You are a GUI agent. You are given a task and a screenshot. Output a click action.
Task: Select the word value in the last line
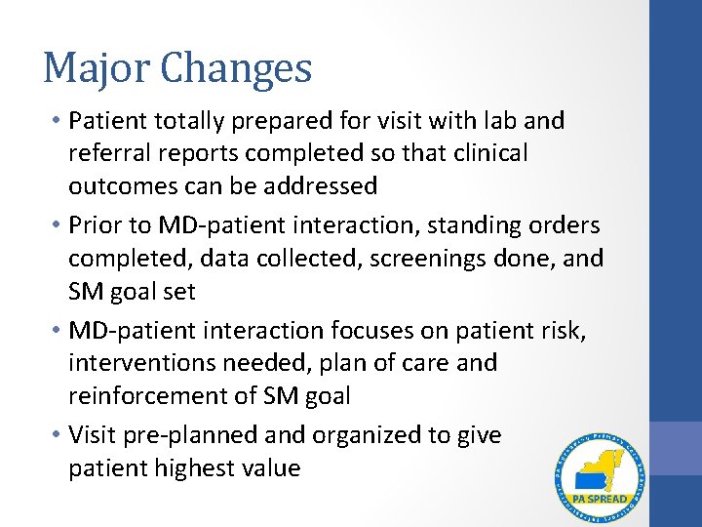pyautogui.click(x=272, y=468)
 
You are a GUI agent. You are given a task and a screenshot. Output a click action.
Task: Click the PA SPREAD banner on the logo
pyautogui.click(x=600, y=499)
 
